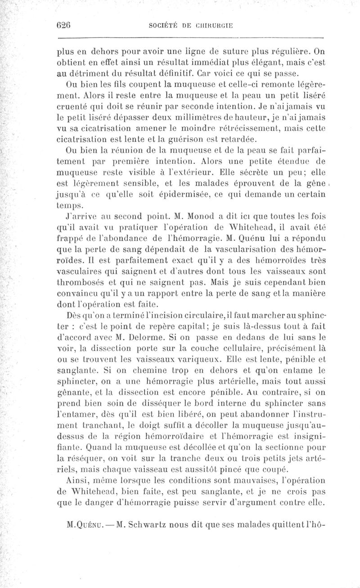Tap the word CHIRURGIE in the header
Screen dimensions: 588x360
pos(213,25)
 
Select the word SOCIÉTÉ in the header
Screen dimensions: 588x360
pos(163,25)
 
